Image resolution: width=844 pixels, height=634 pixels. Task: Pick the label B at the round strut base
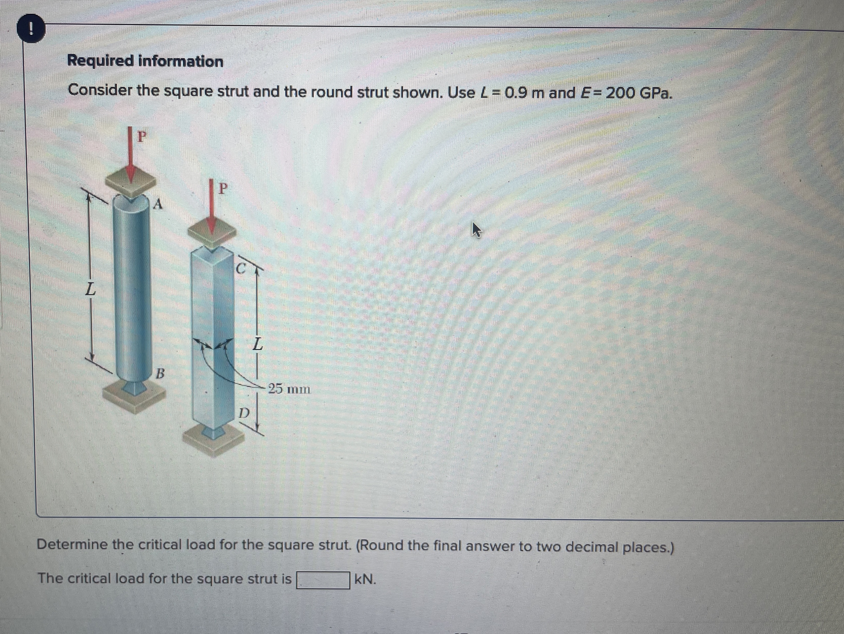point(161,373)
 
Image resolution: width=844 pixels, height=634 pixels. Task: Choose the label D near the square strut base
point(245,413)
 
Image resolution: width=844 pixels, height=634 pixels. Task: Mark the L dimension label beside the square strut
point(258,344)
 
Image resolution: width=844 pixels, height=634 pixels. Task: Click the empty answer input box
point(323,580)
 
